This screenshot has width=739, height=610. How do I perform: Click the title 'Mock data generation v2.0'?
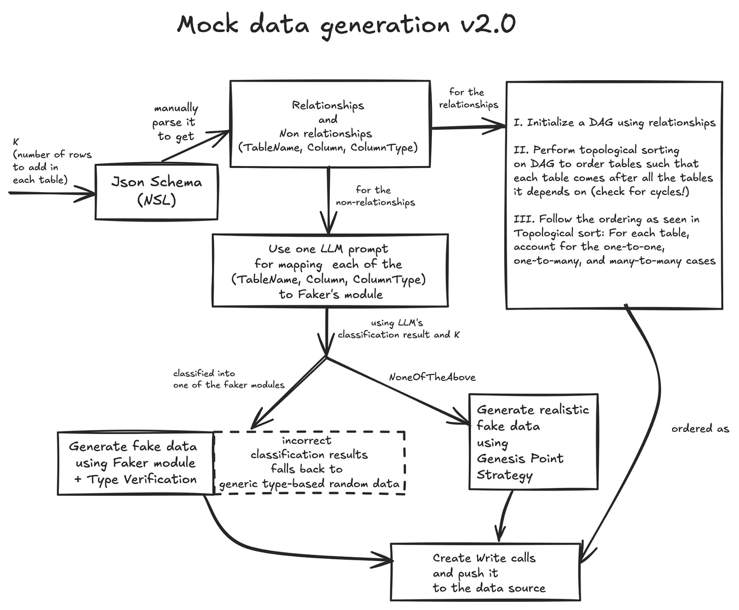[x=346, y=24]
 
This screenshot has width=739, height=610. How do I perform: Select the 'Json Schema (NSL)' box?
[x=156, y=191]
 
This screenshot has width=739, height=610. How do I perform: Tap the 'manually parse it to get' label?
[x=175, y=122]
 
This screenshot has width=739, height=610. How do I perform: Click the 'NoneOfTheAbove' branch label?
[x=432, y=377]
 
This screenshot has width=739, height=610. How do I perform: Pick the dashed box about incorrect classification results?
[x=309, y=462]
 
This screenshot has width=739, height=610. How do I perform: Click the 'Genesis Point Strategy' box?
[x=532, y=442]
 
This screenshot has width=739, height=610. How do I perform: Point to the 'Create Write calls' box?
[x=485, y=572]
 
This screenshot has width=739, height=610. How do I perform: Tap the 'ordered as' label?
[x=700, y=428]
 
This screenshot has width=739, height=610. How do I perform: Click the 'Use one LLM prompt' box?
[x=330, y=271]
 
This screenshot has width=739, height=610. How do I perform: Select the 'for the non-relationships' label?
[x=375, y=196]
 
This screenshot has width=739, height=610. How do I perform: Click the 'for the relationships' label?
[x=468, y=98]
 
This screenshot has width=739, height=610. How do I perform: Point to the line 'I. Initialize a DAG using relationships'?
[x=614, y=123]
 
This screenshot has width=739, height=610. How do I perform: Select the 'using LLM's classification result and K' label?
[x=398, y=329]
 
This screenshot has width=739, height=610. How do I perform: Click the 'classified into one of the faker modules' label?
[x=228, y=379]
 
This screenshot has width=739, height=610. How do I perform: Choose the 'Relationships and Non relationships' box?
[x=329, y=125]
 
